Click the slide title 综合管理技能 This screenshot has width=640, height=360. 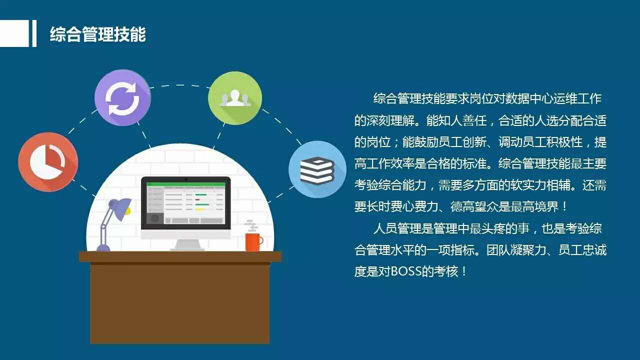[x=97, y=34]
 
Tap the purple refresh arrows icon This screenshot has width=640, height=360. [x=122, y=97]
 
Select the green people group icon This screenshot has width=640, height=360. [x=235, y=98]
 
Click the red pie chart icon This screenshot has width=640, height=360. [x=48, y=162]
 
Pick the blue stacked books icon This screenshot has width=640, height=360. [x=317, y=169]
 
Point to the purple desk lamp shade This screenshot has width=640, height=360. [x=119, y=208]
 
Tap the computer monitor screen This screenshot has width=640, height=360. [x=185, y=203]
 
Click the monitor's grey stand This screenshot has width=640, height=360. [x=187, y=245]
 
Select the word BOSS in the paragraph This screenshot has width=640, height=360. [x=405, y=271]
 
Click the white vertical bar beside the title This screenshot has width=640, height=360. [x=34, y=33]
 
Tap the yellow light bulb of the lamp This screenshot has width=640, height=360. [x=128, y=211]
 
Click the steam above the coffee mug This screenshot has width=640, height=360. [x=251, y=225]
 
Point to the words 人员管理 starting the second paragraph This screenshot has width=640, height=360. [x=397, y=228]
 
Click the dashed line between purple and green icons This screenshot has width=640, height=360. [x=179, y=85]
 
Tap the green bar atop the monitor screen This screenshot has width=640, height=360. [x=185, y=184]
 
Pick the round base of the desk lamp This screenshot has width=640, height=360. [x=103, y=247]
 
